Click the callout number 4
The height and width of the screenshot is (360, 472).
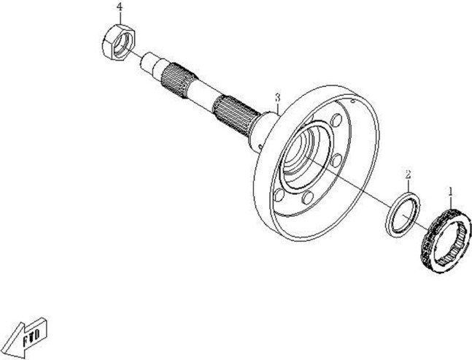point(120,7)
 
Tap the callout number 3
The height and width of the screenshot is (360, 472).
point(277,97)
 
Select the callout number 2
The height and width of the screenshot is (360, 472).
point(409,175)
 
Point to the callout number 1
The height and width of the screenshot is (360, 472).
point(451,191)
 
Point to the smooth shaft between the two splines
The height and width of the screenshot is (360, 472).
point(201,95)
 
